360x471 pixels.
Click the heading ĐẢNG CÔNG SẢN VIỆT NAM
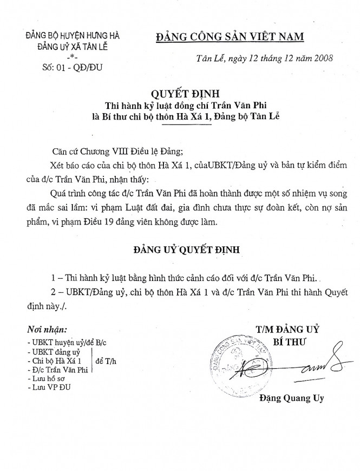[230, 36]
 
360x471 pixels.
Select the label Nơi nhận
[49, 329]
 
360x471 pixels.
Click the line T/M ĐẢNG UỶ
[289, 329]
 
